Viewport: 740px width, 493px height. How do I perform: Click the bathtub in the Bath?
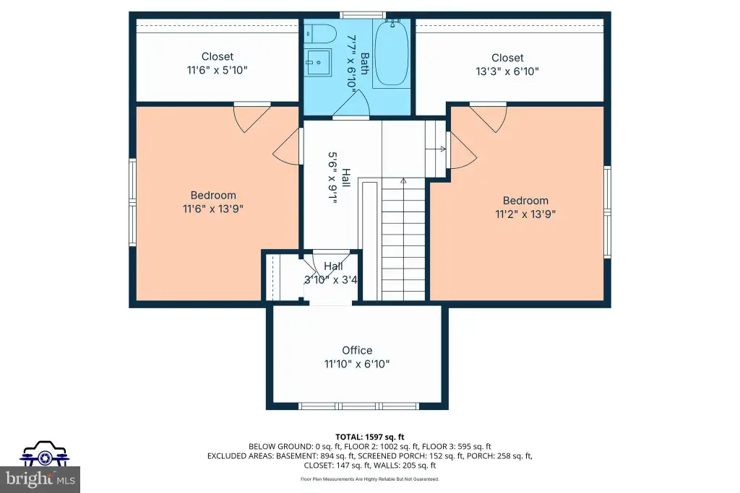pos(391,53)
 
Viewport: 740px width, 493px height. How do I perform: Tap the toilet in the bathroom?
pos(320,34)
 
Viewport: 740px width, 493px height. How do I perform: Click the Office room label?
pos(357,350)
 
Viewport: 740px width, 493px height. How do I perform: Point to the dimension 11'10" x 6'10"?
pos(357,364)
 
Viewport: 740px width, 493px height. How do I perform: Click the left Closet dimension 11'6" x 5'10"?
pos(217,70)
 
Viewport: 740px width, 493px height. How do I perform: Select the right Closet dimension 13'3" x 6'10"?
pos(507,71)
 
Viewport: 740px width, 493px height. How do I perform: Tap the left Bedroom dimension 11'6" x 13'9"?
pos(213,209)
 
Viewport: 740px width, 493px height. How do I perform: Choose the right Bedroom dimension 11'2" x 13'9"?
pos(525,214)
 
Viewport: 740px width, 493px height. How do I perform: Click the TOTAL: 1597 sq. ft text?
pos(370,437)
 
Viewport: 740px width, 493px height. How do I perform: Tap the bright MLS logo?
pos(40,479)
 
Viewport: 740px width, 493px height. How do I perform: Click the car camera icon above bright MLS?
pos(44,453)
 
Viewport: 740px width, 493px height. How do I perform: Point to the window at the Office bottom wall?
pos(359,406)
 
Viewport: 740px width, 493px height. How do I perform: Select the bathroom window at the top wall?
pos(363,15)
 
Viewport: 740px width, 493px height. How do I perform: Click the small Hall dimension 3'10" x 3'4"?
pos(330,280)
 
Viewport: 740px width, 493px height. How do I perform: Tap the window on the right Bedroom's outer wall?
pos(608,211)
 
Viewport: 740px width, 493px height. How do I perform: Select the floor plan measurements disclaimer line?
pos(370,479)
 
